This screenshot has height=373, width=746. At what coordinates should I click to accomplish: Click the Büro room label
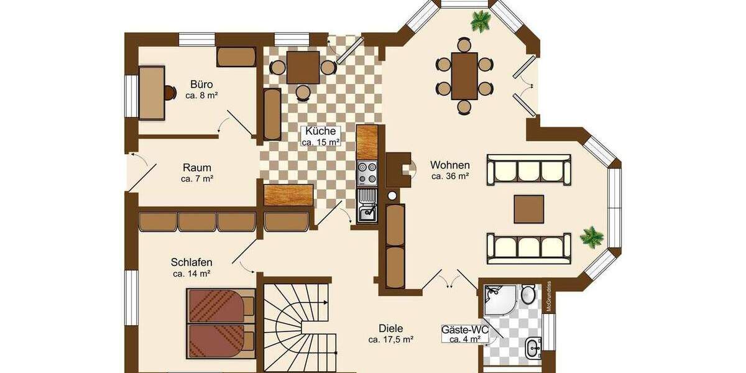(x=201, y=85)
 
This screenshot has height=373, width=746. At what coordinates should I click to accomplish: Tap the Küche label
(x=321, y=131)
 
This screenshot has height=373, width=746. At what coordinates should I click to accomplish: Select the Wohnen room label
(x=449, y=165)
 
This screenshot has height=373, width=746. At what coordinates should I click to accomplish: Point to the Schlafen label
(x=191, y=262)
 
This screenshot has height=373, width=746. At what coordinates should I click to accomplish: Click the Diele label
(x=391, y=329)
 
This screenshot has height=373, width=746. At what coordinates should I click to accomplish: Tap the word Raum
(x=197, y=168)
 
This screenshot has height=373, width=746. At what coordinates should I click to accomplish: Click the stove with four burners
(x=367, y=172)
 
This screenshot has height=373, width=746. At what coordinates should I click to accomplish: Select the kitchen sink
(x=367, y=211)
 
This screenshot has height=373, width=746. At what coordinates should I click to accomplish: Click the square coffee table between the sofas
(x=529, y=209)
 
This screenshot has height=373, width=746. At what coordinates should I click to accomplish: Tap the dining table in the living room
(x=464, y=76)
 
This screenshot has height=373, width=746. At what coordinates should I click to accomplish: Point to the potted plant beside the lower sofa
(x=591, y=237)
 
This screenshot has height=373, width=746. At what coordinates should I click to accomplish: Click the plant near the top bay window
(x=481, y=22)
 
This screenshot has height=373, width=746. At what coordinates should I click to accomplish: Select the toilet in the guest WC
(x=528, y=294)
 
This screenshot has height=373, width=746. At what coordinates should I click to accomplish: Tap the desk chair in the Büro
(x=170, y=93)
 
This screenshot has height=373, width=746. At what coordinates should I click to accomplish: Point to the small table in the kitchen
(x=303, y=67)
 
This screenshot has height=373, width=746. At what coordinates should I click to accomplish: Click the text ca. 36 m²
(x=449, y=176)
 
